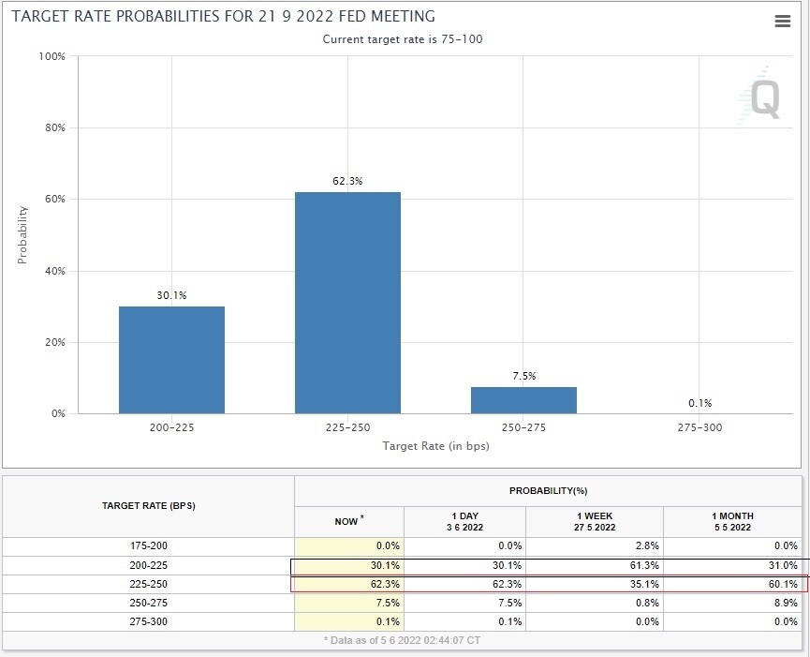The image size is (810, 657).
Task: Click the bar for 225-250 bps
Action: click(x=347, y=303)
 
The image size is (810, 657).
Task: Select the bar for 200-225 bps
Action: click(x=171, y=360)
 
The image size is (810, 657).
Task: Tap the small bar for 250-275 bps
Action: click(x=523, y=400)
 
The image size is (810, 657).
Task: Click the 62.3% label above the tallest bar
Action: click(x=347, y=181)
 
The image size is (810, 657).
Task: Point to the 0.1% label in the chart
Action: click(x=700, y=403)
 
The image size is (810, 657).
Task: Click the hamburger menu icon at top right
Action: click(x=783, y=22)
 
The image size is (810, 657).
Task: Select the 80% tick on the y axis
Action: click(x=52, y=127)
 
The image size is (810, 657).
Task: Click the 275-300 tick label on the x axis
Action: click(x=700, y=427)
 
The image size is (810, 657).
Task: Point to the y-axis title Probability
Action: click(x=22, y=234)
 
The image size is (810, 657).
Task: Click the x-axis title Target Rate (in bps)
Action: click(x=435, y=446)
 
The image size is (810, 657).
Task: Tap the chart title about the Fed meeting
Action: click(x=223, y=17)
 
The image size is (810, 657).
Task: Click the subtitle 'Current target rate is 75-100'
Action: click(x=403, y=39)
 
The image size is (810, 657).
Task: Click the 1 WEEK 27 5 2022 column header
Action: click(x=595, y=521)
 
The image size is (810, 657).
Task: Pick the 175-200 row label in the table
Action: click(x=149, y=545)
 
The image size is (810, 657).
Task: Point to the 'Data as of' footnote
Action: click(x=404, y=640)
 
